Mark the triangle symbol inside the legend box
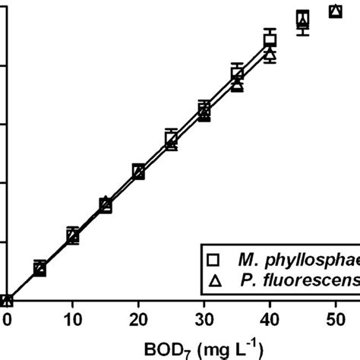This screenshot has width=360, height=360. pos(216,281)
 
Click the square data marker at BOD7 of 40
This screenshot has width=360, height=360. pos(270,41)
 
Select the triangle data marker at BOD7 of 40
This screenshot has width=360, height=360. pos(270,55)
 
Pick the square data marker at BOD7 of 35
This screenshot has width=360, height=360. pos(237,74)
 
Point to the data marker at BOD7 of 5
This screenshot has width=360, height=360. pos(39,268)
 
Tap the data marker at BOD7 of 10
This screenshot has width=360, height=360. pos(73,236)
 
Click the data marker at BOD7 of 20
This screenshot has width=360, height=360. pos(138,172)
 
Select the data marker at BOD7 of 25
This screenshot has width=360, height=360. pos(172,139)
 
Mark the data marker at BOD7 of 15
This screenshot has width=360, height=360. pos(106,205)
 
